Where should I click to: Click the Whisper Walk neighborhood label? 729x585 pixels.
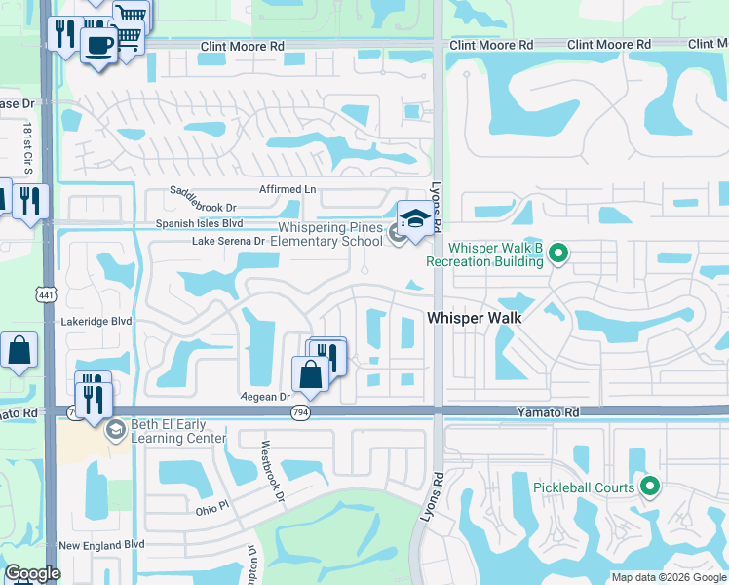pyautogui.click(x=474, y=318)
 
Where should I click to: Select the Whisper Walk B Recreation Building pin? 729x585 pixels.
pyautogui.click(x=557, y=254)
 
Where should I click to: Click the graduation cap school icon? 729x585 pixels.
pyautogui.click(x=414, y=218)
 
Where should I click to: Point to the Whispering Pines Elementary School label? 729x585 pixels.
pyautogui.click(x=326, y=234)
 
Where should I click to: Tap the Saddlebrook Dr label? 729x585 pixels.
pyautogui.click(x=204, y=199)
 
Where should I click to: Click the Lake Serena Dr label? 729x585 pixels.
pyautogui.click(x=229, y=241)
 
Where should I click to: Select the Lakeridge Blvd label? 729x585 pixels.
pyautogui.click(x=95, y=320)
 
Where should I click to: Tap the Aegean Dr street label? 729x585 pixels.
pyautogui.click(x=266, y=397)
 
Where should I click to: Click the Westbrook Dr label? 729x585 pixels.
pyautogui.click(x=271, y=472)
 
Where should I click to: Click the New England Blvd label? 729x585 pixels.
pyautogui.click(x=101, y=545)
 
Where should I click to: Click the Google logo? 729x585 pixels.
pyautogui.click(x=32, y=573)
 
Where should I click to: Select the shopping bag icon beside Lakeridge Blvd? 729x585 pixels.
pyautogui.click(x=19, y=350)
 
